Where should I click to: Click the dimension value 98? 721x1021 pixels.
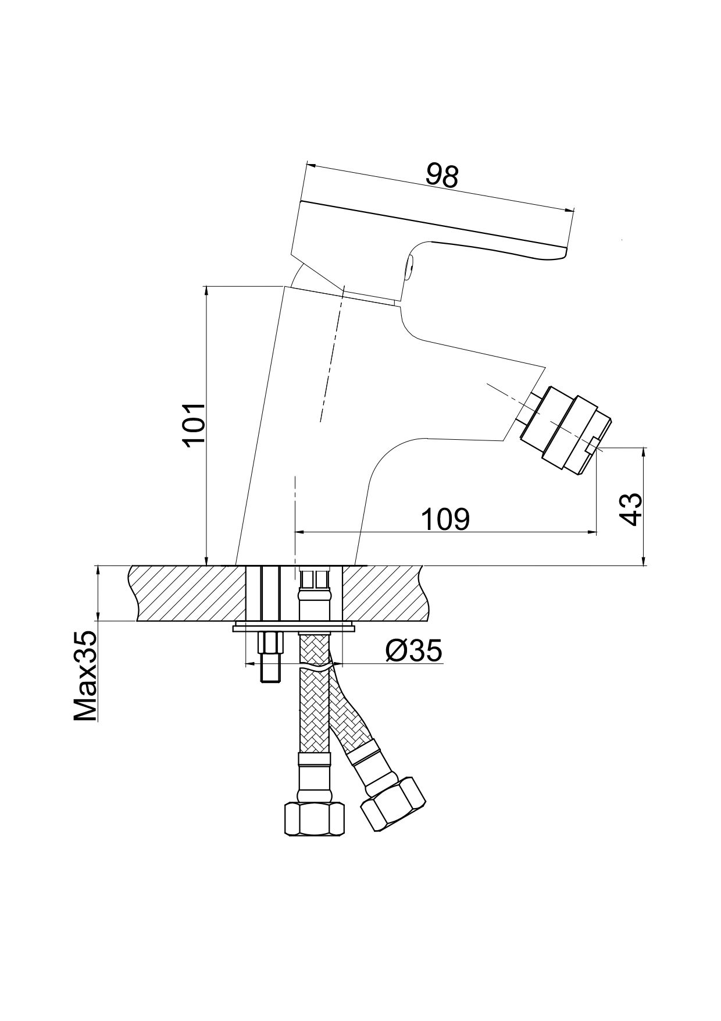click(442, 175)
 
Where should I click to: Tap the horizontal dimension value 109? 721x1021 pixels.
click(445, 519)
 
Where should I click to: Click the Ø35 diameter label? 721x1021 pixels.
click(413, 651)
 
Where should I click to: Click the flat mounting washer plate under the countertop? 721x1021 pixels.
click(294, 628)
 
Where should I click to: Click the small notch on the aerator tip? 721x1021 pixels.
click(591, 446)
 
